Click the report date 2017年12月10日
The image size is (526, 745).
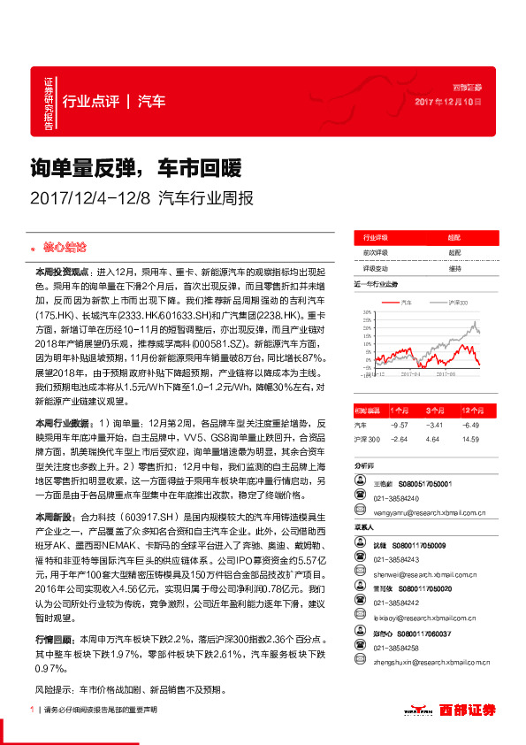448,103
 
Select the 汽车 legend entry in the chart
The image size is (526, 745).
406,302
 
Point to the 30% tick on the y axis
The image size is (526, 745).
362,314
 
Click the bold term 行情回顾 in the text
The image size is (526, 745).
52,639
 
